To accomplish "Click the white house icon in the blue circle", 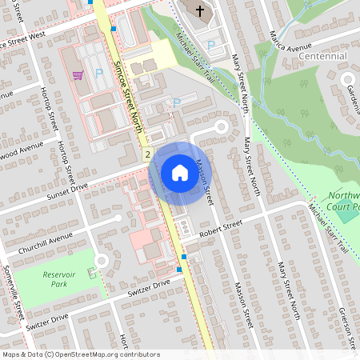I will coord(179,173).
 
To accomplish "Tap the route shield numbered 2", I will coord(148,152).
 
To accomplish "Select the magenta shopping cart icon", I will coord(78,75).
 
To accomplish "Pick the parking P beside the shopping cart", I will coord(99,73).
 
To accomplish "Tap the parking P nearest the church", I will coord(211,46).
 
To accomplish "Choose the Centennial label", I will coord(322,57).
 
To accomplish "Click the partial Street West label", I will coord(24,40).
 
